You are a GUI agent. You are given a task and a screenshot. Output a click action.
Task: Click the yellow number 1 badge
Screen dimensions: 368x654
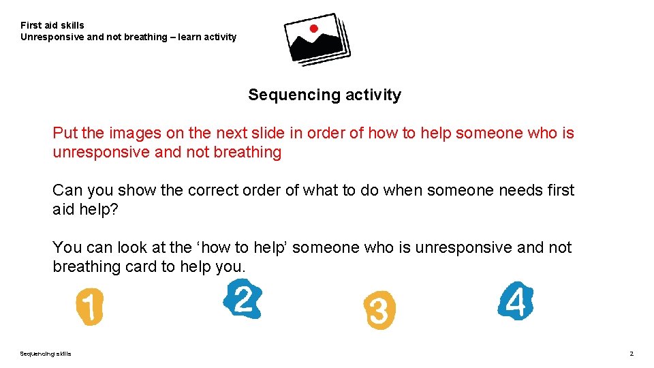tap(89, 306)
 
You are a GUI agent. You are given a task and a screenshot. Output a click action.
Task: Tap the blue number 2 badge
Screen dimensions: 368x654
tap(243, 299)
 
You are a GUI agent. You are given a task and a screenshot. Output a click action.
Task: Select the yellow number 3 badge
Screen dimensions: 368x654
tap(379, 311)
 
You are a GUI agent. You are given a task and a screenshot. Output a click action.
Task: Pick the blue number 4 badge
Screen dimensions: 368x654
tap(516, 301)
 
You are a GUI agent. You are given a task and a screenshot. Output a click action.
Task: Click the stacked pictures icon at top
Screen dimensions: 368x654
tap(317, 39)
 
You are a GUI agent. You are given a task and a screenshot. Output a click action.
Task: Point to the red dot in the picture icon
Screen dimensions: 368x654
tap(313, 29)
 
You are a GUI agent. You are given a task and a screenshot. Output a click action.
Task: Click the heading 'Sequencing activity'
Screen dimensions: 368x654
tap(324, 95)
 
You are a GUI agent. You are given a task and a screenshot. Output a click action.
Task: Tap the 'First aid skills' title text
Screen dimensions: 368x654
tap(52, 25)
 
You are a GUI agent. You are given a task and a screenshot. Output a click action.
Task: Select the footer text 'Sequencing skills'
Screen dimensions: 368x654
tap(45, 353)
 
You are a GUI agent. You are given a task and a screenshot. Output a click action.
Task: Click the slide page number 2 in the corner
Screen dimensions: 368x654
tap(632, 353)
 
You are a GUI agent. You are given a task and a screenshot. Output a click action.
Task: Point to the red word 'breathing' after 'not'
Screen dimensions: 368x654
tap(247, 152)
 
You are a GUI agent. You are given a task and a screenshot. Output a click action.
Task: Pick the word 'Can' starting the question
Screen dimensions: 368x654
tap(66, 190)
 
